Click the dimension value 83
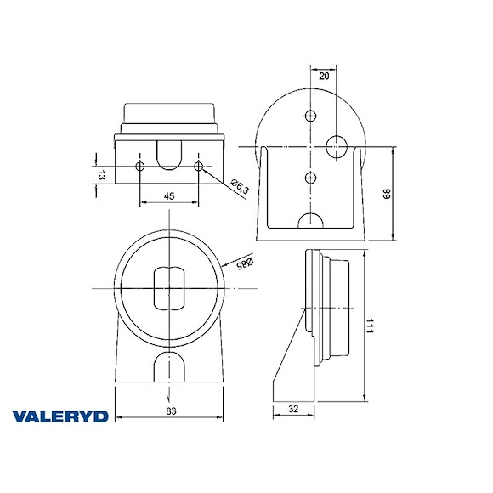click(x=171, y=411)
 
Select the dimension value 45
click(x=169, y=196)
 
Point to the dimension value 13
click(x=101, y=176)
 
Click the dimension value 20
click(x=324, y=76)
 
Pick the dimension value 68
click(x=385, y=194)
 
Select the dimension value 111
click(x=371, y=326)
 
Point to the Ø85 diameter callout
click(x=246, y=265)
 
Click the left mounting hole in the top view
click(x=140, y=166)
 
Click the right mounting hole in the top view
click(x=199, y=166)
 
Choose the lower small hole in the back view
click(x=310, y=177)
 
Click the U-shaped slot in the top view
click(x=170, y=154)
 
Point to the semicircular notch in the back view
click(x=310, y=222)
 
